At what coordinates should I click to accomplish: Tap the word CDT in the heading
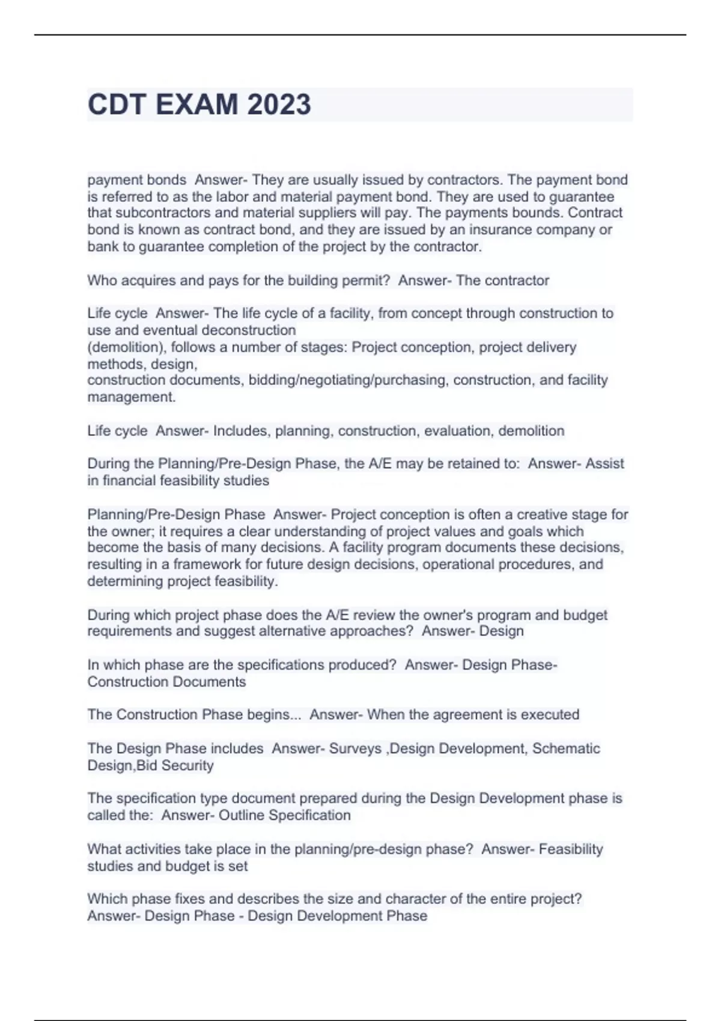click(117, 105)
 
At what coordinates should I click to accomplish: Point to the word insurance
click(497, 230)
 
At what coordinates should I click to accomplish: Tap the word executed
click(550, 715)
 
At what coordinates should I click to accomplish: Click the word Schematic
click(566, 749)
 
